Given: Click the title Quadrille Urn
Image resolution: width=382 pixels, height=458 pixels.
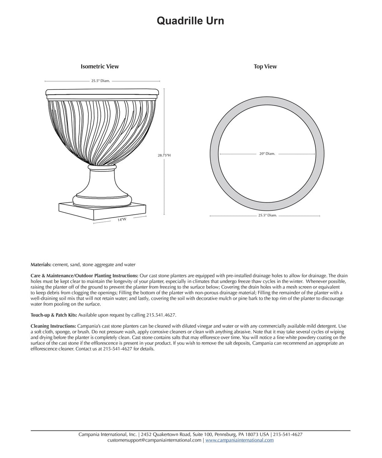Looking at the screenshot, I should [x=190, y=21].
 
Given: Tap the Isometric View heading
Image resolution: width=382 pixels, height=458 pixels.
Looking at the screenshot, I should [x=100, y=67].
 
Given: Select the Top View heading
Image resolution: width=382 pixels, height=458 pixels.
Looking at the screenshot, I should [x=265, y=67].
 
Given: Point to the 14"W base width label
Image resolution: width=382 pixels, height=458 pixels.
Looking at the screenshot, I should [x=122, y=220].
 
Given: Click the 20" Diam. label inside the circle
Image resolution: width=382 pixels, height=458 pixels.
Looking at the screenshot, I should [x=267, y=154].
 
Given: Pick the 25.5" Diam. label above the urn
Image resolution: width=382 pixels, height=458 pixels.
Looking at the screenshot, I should [x=101, y=81].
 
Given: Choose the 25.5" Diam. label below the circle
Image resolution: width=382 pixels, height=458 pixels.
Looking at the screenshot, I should [x=267, y=215].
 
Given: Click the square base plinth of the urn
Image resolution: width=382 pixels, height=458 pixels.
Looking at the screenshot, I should [x=101, y=211].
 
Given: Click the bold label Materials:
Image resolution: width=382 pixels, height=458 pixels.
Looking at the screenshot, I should [x=41, y=265].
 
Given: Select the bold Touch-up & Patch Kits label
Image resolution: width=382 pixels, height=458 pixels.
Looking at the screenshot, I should [x=54, y=315].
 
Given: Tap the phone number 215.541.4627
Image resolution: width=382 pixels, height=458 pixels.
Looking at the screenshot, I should [x=160, y=315].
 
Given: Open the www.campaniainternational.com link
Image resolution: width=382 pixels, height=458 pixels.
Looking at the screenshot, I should [x=239, y=440].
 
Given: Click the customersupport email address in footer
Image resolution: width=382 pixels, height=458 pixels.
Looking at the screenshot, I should [x=154, y=440].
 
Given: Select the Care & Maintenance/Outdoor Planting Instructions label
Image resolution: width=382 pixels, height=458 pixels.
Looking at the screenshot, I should [x=84, y=275].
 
